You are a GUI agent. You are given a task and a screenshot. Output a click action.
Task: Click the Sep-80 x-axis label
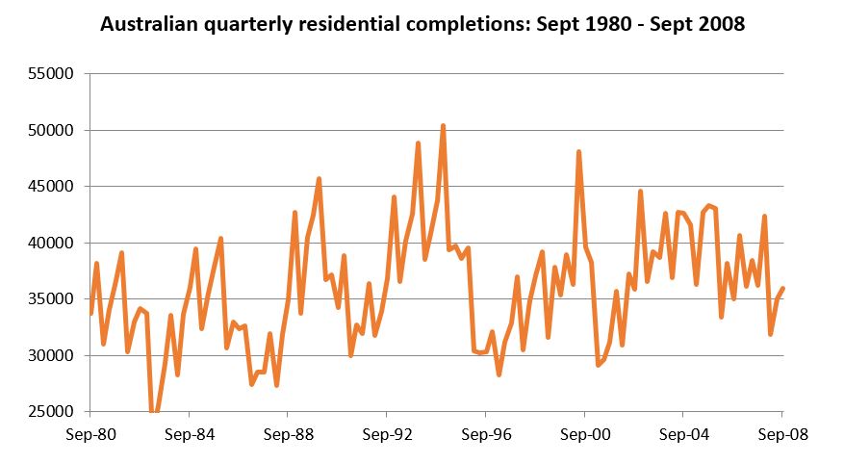90,433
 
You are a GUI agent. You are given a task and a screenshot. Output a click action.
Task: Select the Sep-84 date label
189,433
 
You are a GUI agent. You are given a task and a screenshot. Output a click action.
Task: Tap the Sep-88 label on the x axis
288,433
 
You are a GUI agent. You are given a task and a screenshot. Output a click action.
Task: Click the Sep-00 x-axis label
584,433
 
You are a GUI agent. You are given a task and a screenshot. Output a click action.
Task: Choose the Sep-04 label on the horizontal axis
682,433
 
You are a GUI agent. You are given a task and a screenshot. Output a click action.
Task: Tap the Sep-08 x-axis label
781,433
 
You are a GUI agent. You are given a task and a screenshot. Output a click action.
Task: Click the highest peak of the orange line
443,126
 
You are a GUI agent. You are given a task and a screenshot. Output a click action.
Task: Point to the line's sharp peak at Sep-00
578,152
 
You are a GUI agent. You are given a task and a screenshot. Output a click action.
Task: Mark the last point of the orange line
783,289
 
